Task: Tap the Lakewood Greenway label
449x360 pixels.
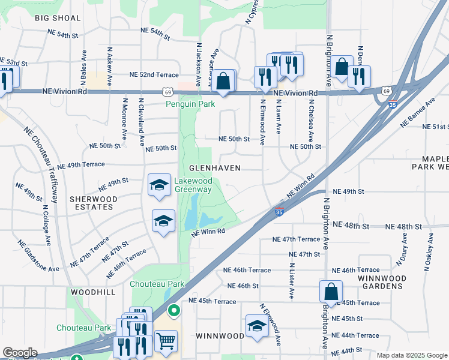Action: tap(193, 185)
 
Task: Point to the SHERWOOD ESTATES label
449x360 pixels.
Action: tap(92, 203)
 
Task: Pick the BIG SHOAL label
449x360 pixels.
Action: tap(58, 18)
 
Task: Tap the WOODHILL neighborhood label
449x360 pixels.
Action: tap(92, 291)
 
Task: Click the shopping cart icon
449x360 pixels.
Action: tap(166, 341)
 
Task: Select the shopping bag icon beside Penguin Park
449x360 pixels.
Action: tap(223, 80)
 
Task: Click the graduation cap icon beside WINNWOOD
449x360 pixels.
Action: tap(257, 326)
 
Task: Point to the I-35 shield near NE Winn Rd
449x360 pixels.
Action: tap(279, 211)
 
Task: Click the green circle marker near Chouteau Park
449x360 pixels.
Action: tap(174, 311)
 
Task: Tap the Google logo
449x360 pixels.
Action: tap(20, 353)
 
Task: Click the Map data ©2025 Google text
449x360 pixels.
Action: tap(412, 355)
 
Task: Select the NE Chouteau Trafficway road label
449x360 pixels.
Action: tap(42, 158)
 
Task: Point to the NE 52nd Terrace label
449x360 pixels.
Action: tap(155, 75)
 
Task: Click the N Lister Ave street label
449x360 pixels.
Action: tap(291, 280)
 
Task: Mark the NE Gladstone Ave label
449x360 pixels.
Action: tap(38, 256)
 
